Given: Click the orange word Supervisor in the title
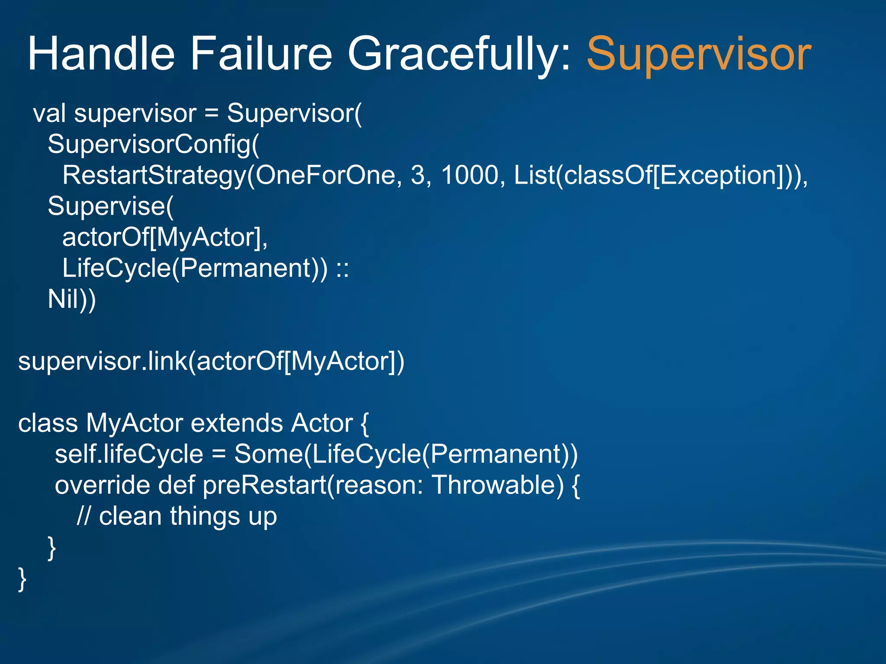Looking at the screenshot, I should click(x=698, y=54).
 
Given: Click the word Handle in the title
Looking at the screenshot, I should click(x=101, y=54).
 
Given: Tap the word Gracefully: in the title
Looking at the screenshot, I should click(x=461, y=54).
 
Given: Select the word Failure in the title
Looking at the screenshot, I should click(x=261, y=54).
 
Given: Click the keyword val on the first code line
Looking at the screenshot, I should click(x=49, y=114).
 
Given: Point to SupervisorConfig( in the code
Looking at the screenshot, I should click(x=153, y=144).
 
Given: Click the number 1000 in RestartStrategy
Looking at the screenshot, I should click(x=470, y=176).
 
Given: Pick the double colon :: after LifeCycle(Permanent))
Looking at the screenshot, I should click(x=343, y=269).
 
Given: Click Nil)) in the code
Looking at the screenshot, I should click(x=72, y=299).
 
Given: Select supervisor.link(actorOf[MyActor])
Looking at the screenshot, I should click(x=211, y=361).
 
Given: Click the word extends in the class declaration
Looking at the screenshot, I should click(x=237, y=423).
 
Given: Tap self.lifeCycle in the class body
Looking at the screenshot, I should click(x=129, y=454).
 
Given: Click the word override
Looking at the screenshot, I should click(x=103, y=485).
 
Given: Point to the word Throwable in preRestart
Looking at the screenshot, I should click(x=498, y=485).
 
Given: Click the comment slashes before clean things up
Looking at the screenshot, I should click(x=83, y=517).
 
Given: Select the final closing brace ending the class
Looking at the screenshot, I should click(x=22, y=579).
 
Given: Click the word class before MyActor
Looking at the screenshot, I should click(x=48, y=423).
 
